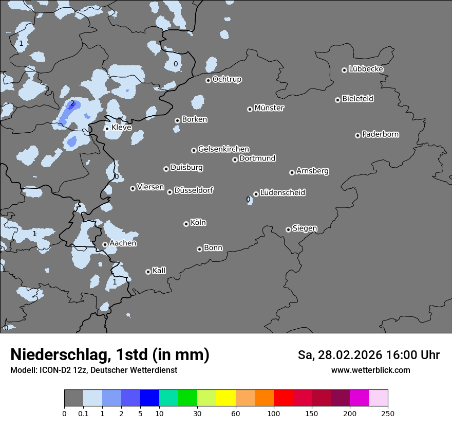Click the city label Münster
[x=269, y=108]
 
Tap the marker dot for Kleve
[x=107, y=129]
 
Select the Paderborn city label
[x=380, y=134]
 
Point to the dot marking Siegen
[x=288, y=229]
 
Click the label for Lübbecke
[x=366, y=69]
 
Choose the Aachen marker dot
[x=105, y=245]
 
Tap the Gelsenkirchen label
[x=223, y=149]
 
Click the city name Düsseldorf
[x=194, y=190]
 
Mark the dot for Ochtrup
[x=208, y=80]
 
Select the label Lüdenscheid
[x=282, y=192]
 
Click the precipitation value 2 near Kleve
[x=72, y=103]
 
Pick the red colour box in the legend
[x=283, y=398]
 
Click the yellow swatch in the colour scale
[x=226, y=398]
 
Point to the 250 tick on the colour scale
[x=388, y=414]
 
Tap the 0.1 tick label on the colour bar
[x=83, y=414]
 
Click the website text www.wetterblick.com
[x=370, y=370]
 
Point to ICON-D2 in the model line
[x=53, y=370]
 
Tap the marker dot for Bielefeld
[x=337, y=100]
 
